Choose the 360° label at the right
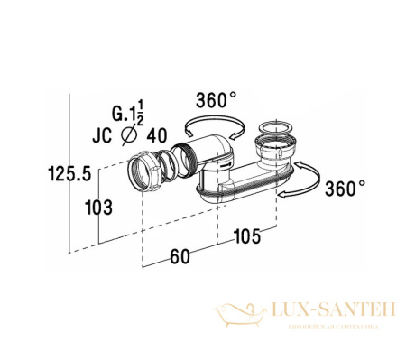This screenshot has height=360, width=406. (346, 189)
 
